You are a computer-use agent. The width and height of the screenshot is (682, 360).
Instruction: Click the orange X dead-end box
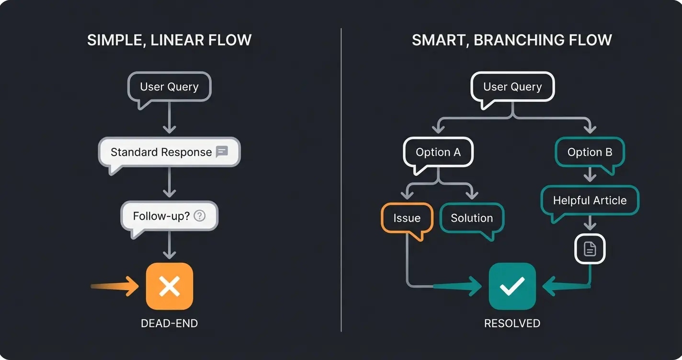tap(169, 286)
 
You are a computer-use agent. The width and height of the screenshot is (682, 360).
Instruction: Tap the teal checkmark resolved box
tap(512, 286)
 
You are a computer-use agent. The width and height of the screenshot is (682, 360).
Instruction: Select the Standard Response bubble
tap(169, 152)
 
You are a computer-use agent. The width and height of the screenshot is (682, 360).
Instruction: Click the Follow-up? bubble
tap(169, 216)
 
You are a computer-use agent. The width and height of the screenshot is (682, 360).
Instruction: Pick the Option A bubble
tap(438, 152)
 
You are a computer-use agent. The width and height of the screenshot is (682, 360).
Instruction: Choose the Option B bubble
tap(590, 152)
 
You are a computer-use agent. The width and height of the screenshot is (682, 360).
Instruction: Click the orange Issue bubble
tap(407, 218)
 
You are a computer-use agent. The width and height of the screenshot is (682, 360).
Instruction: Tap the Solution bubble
tap(472, 218)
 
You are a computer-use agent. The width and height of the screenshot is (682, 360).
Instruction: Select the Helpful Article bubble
tap(590, 201)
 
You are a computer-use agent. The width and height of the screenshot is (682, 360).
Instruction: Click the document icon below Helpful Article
tap(590, 249)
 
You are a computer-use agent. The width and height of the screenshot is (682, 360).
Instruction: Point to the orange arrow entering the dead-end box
tap(115, 286)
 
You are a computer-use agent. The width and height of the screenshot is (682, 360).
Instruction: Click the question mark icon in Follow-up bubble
tap(199, 216)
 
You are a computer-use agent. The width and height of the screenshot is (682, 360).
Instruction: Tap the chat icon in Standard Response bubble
tap(222, 152)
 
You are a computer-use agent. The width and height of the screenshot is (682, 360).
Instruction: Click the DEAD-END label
tap(169, 324)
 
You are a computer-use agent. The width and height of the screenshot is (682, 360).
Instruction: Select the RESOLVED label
tap(512, 324)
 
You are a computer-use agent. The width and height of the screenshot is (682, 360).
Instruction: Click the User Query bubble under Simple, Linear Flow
tap(169, 87)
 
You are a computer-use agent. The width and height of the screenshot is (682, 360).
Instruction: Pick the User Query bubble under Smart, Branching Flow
tap(512, 87)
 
